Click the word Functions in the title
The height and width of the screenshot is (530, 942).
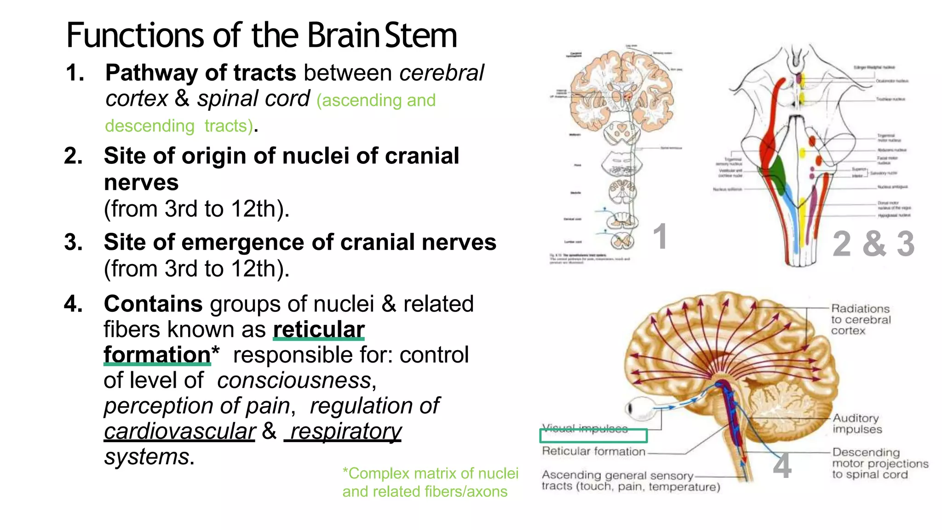(135, 35)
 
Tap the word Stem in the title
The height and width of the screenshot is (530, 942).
(420, 35)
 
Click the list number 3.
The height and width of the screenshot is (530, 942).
(74, 242)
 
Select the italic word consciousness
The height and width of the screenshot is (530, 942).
(294, 381)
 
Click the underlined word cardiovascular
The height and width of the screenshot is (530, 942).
(179, 432)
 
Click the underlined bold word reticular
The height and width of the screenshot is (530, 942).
(319, 329)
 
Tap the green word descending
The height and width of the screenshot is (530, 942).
(149, 126)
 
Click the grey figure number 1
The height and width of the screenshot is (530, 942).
(660, 237)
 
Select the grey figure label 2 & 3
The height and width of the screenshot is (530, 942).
(873, 244)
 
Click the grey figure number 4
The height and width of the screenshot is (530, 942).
(782, 466)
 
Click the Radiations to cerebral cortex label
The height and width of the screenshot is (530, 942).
(860, 320)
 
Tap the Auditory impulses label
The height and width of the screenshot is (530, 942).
(857, 424)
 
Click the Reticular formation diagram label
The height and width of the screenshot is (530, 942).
(593, 451)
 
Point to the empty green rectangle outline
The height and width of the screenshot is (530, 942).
(593, 435)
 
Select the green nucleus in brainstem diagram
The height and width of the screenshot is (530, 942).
(777, 175)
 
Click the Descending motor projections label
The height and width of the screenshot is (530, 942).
(879, 464)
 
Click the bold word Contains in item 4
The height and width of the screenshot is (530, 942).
(153, 304)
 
